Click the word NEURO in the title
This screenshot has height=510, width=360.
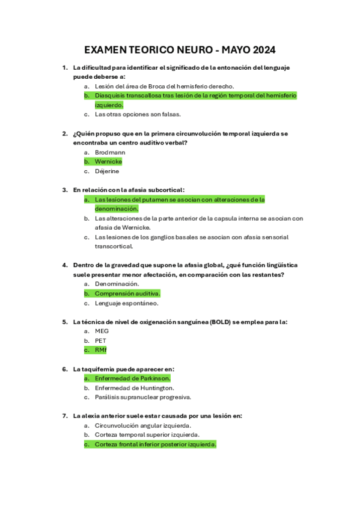[193, 49]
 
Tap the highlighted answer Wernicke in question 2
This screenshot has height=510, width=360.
[108, 162]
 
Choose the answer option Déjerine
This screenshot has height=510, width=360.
[107, 171]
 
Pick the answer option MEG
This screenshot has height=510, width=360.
[102, 331]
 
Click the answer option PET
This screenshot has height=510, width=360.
[100, 340]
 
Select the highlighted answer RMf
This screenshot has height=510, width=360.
[100, 350]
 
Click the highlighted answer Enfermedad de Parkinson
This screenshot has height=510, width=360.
[132, 378]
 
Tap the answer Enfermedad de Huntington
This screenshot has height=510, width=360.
[135, 388]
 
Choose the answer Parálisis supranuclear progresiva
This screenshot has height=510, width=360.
[143, 397]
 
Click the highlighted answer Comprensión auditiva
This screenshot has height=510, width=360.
[127, 293]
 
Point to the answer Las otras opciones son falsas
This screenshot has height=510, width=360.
[138, 114]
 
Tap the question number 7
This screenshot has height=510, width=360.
[65, 416]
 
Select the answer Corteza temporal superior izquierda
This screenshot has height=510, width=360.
[147, 434]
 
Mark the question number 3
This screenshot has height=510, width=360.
[65, 190]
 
